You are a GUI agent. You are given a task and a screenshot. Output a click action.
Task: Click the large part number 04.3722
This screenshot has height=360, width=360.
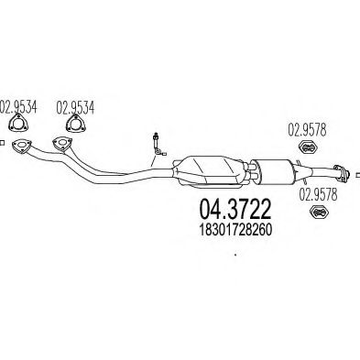click(x=235, y=210)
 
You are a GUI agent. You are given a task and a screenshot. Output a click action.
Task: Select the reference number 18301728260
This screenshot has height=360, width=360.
click(x=235, y=231)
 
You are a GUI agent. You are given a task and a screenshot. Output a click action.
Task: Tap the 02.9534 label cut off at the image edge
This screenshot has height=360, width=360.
click(x=18, y=107)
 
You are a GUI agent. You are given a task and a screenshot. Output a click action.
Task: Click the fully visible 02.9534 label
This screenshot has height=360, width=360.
click(x=75, y=108)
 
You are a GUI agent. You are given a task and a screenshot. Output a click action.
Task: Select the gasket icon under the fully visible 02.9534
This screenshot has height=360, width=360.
click(x=75, y=124)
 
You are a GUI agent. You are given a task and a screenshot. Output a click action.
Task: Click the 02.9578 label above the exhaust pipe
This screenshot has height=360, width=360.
click(x=307, y=130)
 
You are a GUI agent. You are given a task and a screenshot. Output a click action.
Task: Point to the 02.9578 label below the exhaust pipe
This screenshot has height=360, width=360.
click(x=318, y=194)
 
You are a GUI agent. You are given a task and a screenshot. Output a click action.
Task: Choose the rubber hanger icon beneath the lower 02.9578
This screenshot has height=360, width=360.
click(x=319, y=213)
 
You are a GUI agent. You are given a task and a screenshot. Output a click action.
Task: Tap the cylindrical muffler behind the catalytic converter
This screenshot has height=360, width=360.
click(x=274, y=171)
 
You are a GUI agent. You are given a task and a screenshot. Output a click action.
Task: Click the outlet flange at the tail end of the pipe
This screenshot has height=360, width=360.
click(x=341, y=173)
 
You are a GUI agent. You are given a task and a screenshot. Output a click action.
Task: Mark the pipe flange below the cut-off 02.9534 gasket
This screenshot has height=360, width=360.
click(x=21, y=146)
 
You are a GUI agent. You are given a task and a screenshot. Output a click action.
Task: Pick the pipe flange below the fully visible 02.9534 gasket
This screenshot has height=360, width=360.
click(x=62, y=144)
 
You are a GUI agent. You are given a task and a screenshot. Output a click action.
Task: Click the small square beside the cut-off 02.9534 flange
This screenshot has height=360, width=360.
click(x=2, y=143)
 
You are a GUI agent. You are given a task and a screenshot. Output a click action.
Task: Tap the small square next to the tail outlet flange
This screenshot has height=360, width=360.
click(x=358, y=175)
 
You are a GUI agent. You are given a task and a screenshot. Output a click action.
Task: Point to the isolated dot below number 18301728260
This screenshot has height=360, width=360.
click(x=235, y=254)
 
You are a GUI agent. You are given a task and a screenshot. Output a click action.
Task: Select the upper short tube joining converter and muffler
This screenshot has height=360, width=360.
click(x=250, y=167)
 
